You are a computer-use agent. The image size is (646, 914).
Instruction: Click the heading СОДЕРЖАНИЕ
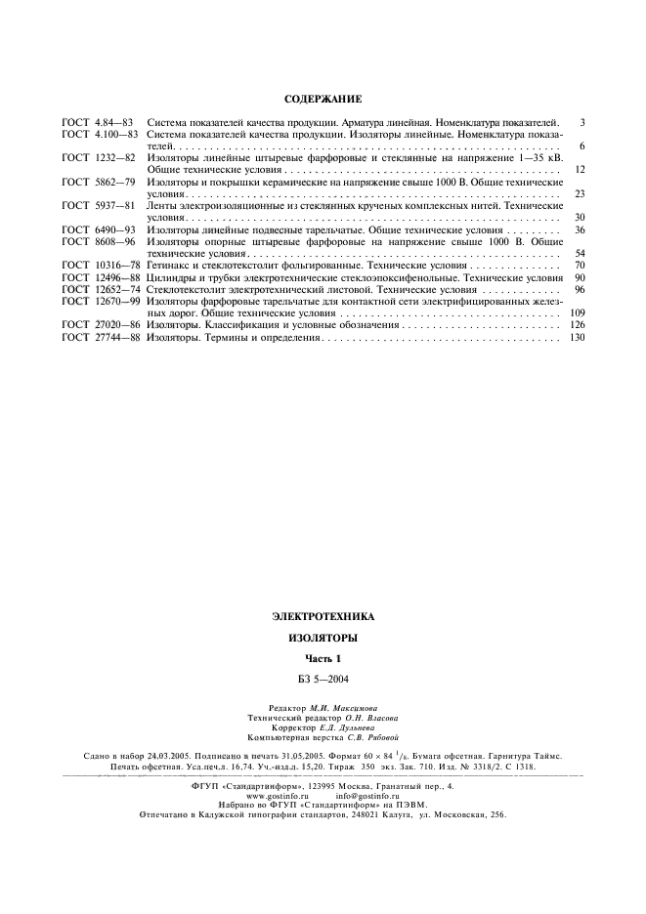click(x=323, y=99)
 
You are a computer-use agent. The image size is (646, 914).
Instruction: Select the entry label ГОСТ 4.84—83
click(x=97, y=122)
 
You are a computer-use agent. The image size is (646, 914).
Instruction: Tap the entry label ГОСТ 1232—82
click(x=97, y=156)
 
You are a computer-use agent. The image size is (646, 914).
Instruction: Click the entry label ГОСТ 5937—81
click(x=97, y=205)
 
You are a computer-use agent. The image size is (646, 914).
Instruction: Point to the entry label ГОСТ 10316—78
click(x=101, y=265)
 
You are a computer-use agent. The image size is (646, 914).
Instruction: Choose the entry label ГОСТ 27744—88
click(x=101, y=337)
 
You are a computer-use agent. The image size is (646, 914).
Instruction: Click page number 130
click(x=576, y=337)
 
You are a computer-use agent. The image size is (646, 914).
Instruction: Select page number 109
click(x=576, y=312)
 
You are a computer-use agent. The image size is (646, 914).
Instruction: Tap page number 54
click(x=579, y=253)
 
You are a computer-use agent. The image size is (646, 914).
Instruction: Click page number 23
click(x=579, y=193)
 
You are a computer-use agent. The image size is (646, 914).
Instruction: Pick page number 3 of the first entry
click(x=581, y=122)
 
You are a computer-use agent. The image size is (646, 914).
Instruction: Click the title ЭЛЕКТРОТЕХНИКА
click(x=323, y=616)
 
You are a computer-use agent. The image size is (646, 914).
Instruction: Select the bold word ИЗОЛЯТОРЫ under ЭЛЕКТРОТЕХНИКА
click(x=323, y=638)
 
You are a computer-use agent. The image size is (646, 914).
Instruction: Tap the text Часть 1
click(x=323, y=659)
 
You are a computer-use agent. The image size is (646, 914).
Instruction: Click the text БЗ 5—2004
click(x=323, y=678)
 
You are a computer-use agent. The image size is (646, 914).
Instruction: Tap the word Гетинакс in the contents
click(x=168, y=265)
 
